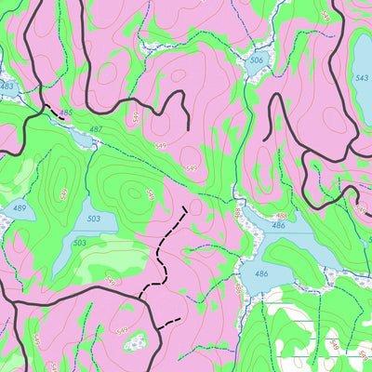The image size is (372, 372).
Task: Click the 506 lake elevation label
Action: [x=257, y=60]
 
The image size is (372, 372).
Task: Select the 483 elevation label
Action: [x=7, y=86]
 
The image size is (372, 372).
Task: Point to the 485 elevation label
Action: [x=66, y=113]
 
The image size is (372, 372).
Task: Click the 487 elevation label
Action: [x=96, y=129]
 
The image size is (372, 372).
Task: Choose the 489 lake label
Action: [x=19, y=208]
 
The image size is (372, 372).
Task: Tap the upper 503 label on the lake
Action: [x=93, y=219]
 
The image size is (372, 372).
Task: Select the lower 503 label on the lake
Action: [x=80, y=243]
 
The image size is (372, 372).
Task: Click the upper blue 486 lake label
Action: [x=278, y=226]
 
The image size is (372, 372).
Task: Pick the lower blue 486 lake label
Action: [x=261, y=273]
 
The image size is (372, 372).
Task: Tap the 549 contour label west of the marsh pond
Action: [x=120, y=331]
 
